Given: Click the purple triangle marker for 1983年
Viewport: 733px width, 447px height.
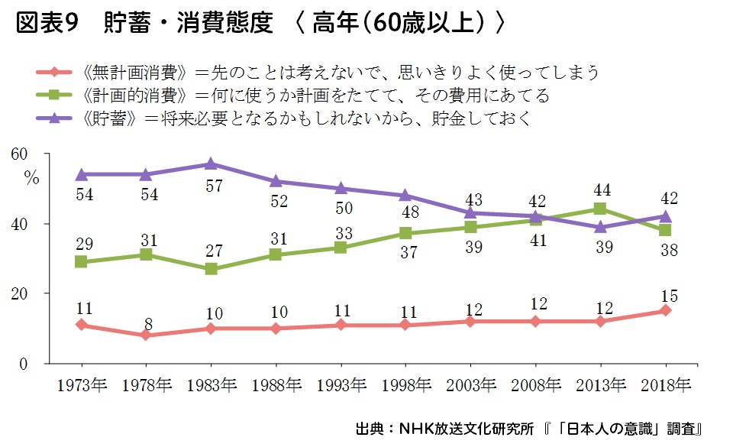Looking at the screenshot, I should (x=210, y=164).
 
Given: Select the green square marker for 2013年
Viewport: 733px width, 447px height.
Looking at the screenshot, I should (x=600, y=209).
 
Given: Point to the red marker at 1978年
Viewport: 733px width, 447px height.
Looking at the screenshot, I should (x=146, y=335).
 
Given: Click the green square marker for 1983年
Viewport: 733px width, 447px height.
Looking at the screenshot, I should (x=211, y=269).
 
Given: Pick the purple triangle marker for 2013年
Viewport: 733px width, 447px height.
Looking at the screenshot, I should (x=600, y=226).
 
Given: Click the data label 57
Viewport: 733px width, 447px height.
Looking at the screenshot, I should (x=211, y=184).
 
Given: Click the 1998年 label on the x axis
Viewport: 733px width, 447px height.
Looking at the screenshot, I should (x=405, y=384).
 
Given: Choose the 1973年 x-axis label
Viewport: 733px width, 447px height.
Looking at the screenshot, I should (x=81, y=384).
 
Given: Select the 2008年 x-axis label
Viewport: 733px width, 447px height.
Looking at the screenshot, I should (x=535, y=384).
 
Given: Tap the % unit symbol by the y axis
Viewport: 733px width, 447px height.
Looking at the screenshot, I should (x=31, y=179).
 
